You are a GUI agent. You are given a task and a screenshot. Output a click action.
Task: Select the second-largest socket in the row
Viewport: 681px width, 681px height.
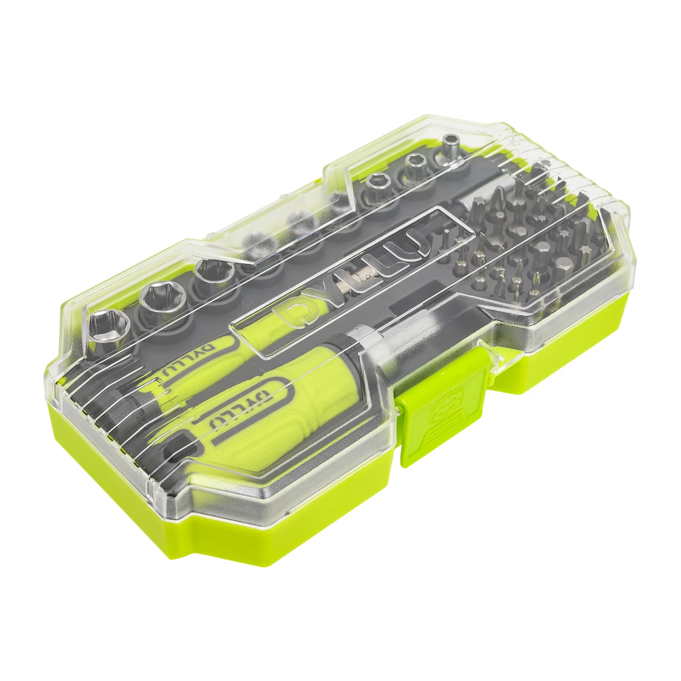pos(159,296)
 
